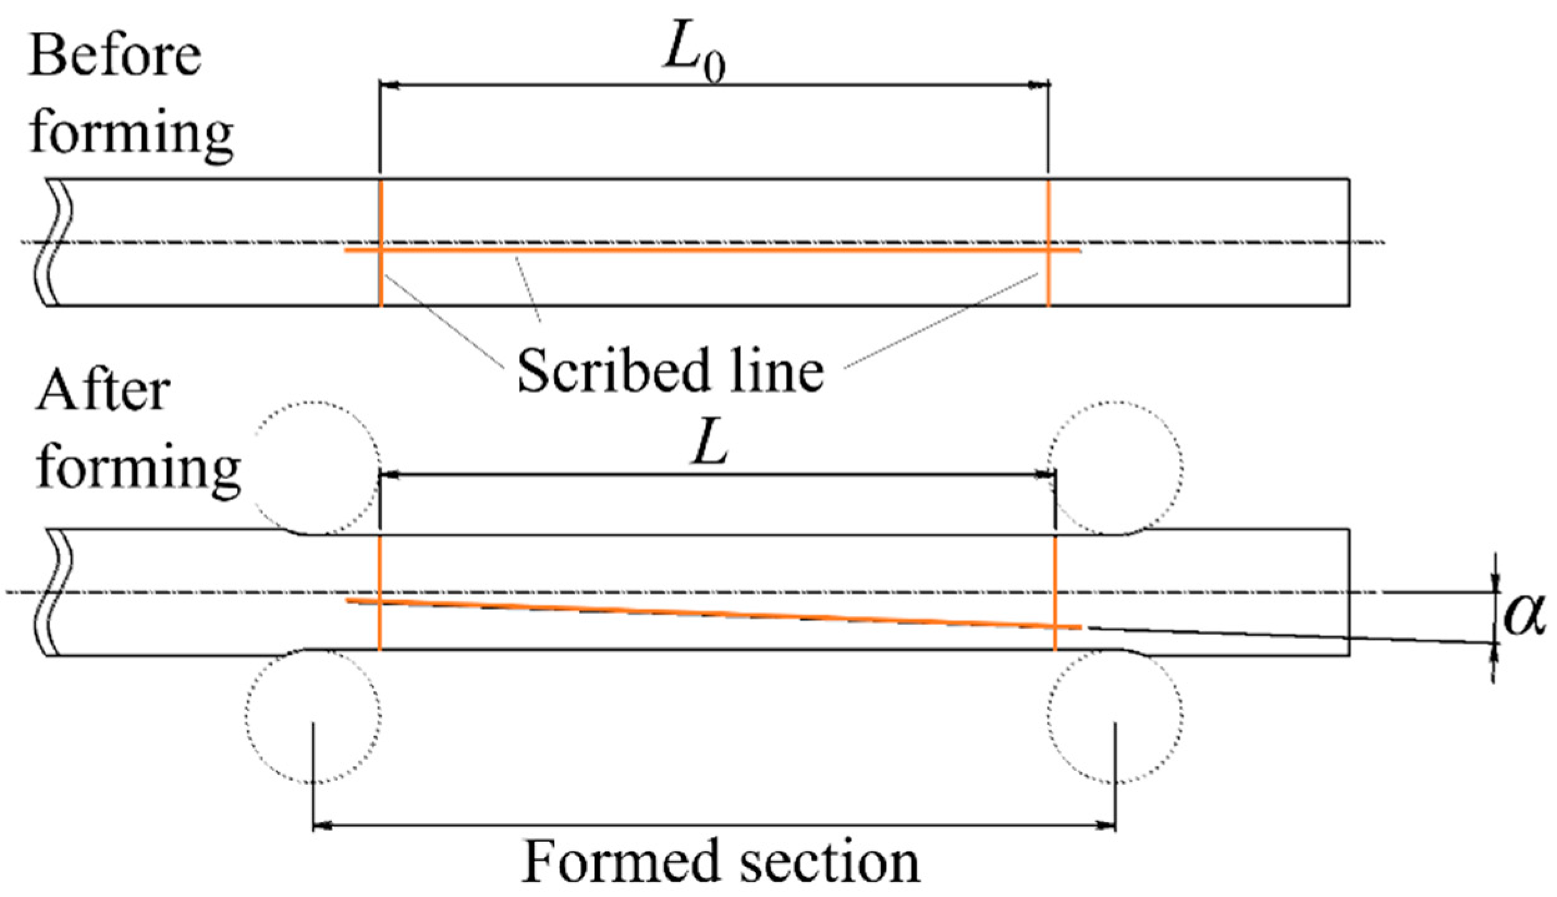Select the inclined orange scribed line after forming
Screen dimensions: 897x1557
[x=711, y=613]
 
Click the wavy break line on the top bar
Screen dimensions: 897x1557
[x=60, y=242]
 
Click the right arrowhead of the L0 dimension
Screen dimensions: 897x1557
[x=1038, y=84]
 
